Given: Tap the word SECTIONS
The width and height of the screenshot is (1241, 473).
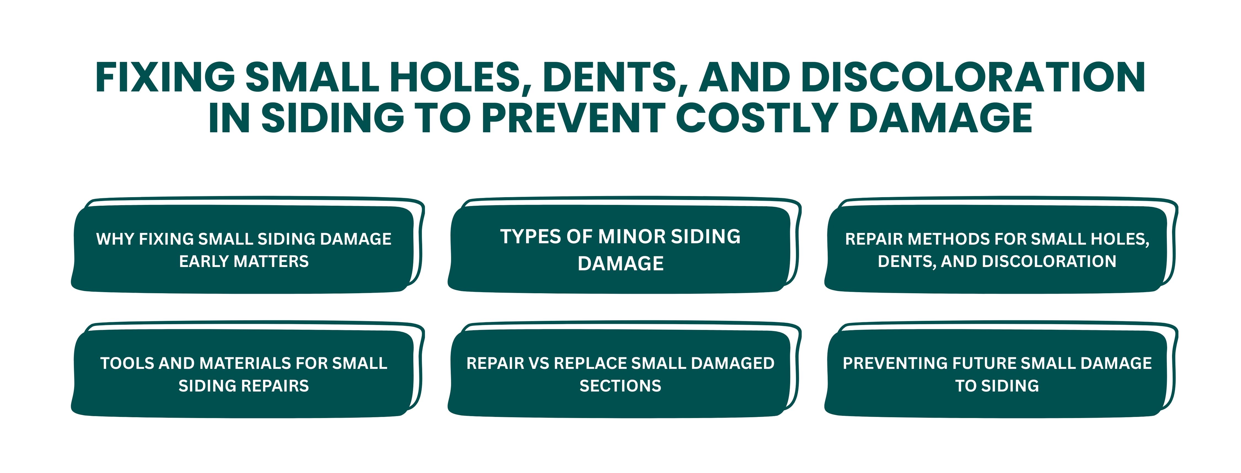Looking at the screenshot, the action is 620,386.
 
